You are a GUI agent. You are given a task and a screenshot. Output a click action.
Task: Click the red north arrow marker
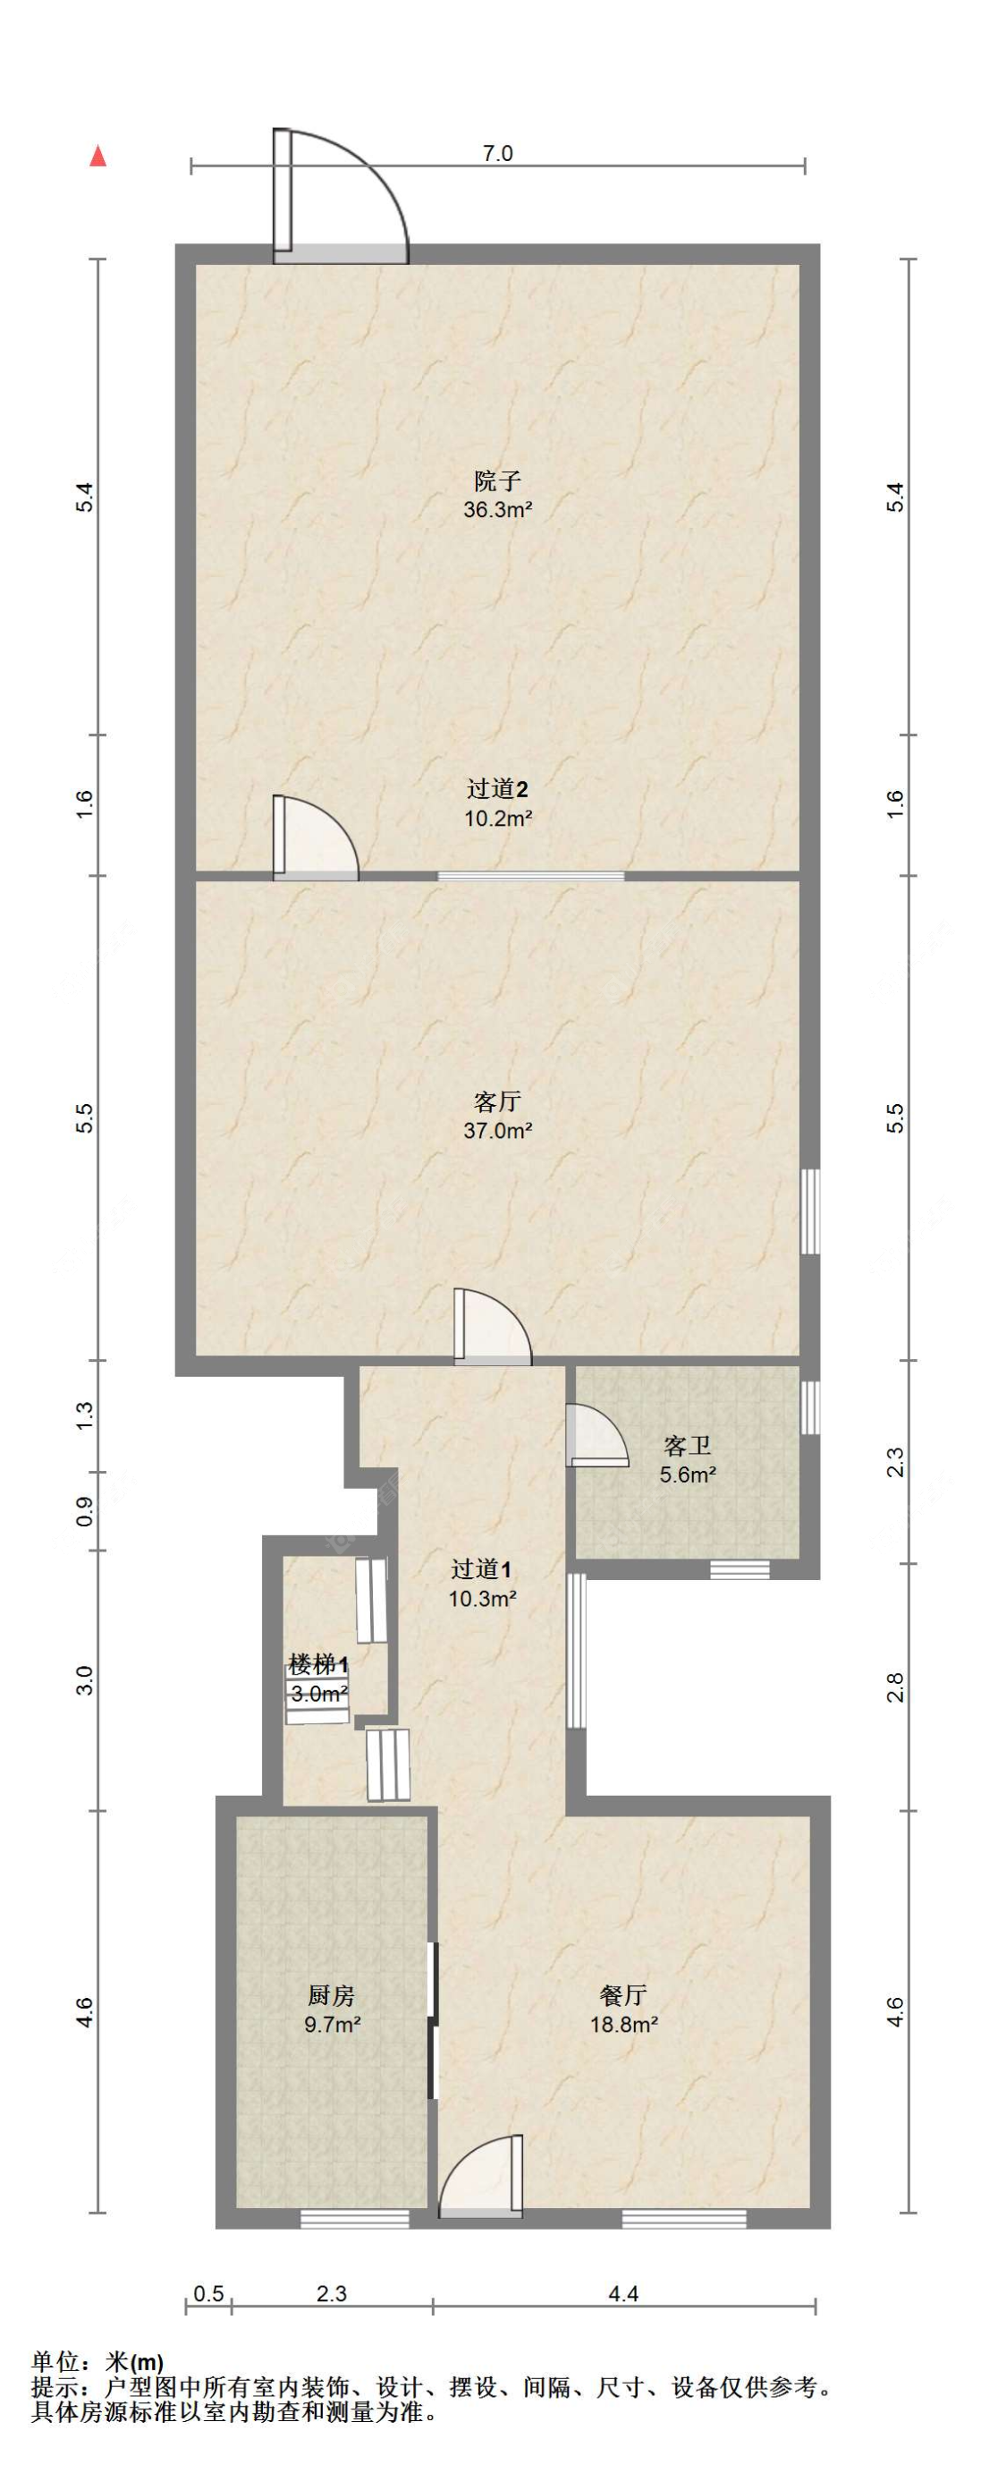click(x=97, y=156)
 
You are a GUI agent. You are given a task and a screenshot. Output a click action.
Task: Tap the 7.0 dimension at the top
click(x=497, y=154)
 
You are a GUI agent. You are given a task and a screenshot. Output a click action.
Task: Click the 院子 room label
click(x=497, y=480)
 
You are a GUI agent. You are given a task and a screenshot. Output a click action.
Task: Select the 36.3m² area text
click(x=497, y=510)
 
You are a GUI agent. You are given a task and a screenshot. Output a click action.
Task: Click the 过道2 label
click(x=497, y=789)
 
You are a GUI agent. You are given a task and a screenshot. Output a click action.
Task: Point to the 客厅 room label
click(x=497, y=1101)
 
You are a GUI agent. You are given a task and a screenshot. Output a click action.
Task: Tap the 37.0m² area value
click(x=497, y=1130)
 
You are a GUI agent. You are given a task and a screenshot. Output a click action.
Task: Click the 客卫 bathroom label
click(x=688, y=1446)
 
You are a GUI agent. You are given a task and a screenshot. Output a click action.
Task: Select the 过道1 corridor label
click(x=482, y=1568)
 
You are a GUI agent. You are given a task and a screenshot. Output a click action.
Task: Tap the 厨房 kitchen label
click(x=331, y=1995)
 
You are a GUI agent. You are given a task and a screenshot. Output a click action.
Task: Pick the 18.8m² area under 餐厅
click(x=624, y=2025)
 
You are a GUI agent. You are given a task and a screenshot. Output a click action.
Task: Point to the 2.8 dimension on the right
click(x=893, y=1687)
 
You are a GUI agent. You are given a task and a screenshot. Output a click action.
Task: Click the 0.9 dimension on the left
click(x=84, y=1512)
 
